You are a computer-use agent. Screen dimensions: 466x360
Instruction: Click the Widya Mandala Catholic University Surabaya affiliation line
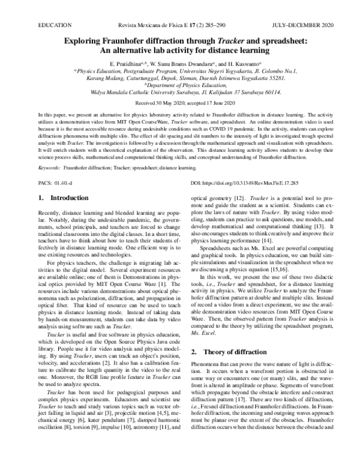point(179,93)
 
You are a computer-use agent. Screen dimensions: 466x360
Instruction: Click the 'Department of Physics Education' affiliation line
point(179,85)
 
